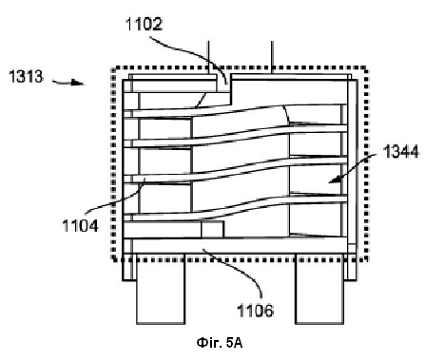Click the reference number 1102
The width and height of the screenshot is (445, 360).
pyautogui.click(x=145, y=24)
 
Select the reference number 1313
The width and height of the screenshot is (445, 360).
pyautogui.click(x=26, y=77)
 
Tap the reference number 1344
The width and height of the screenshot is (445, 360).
pyautogui.click(x=400, y=151)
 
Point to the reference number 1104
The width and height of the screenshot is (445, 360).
pyautogui.click(x=80, y=226)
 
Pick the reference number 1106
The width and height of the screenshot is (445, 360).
pyautogui.click(x=256, y=311)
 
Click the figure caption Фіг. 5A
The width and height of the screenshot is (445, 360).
pyautogui.click(x=220, y=343)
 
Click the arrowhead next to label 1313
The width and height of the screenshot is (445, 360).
pyautogui.click(x=78, y=83)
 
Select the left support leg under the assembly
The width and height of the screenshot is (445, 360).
pyautogui.click(x=161, y=289)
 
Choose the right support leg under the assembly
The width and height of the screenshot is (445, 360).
pyautogui.click(x=319, y=289)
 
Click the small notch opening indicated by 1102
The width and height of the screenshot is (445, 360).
pyautogui.click(x=224, y=84)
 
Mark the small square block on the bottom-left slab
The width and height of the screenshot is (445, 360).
pyautogui.click(x=212, y=229)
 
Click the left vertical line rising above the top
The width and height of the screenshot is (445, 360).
pyautogui.click(x=208, y=58)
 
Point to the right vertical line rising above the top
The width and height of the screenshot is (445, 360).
pyautogui.click(x=272, y=58)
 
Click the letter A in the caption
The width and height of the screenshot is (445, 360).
pyautogui.click(x=239, y=343)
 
